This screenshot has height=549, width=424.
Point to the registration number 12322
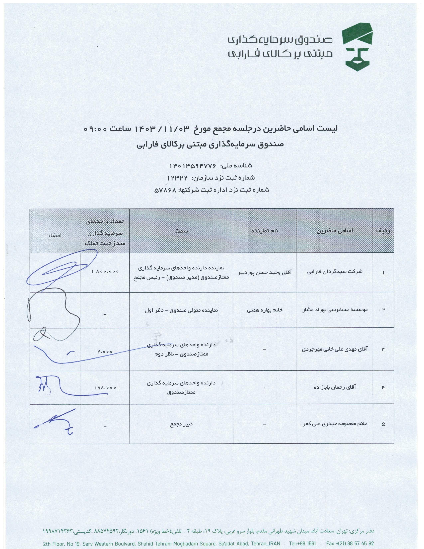tap(178, 178)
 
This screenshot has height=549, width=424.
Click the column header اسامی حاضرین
tap(335, 231)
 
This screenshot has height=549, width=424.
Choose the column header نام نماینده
tap(265, 231)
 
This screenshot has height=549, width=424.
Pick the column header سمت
tap(181, 231)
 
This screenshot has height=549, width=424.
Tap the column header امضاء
tap(55, 236)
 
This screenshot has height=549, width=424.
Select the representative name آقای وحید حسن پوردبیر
tap(265, 272)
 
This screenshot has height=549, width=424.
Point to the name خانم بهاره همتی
tap(265, 310)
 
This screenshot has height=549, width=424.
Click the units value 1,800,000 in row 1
tap(105, 272)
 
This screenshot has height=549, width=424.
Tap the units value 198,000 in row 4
tap(105, 388)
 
